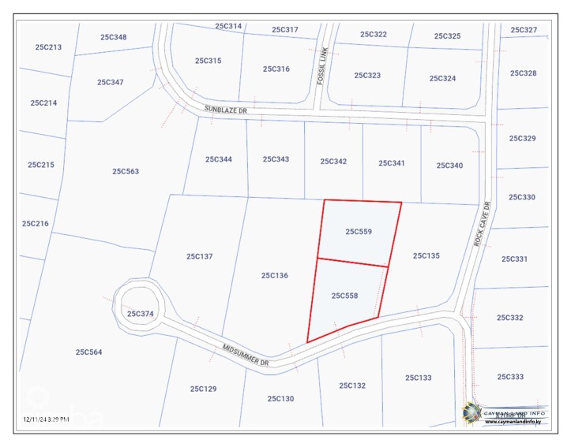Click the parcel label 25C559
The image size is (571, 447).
pos(358,232)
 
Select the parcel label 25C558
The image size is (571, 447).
pos(344,296)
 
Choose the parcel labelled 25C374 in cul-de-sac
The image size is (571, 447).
pos(140,314)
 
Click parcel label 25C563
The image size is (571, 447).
pos(125,171)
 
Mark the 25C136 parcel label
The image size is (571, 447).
pos(274,276)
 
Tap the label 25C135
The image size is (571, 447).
pos(426,255)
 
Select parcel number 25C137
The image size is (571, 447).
pos(200,256)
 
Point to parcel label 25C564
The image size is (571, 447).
pos(88,352)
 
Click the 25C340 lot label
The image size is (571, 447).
pos(449,166)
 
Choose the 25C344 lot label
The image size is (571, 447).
pos(219,159)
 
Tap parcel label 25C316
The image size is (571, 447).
pos(276,69)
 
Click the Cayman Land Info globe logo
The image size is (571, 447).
pos(472,412)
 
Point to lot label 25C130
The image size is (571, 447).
pos(280,399)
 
